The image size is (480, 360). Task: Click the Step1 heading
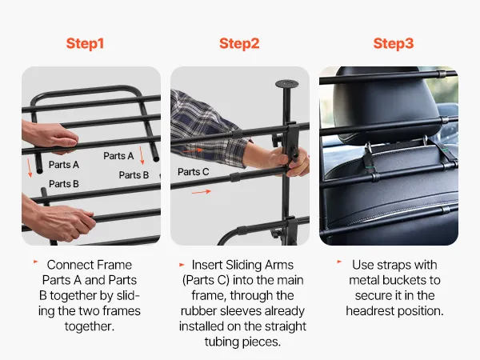(85, 43)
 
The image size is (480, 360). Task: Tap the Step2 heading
(239, 43)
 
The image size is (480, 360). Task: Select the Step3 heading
(394, 43)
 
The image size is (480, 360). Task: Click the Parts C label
(193, 172)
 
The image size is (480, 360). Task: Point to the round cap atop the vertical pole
(287, 83)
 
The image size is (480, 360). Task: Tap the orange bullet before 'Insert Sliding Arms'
(182, 265)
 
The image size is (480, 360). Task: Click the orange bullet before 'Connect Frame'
(36, 262)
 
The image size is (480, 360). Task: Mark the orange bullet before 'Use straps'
(339, 262)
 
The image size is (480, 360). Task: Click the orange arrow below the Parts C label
(202, 192)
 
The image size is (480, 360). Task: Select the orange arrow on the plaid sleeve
(193, 150)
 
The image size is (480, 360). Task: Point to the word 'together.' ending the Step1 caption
(90, 326)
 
